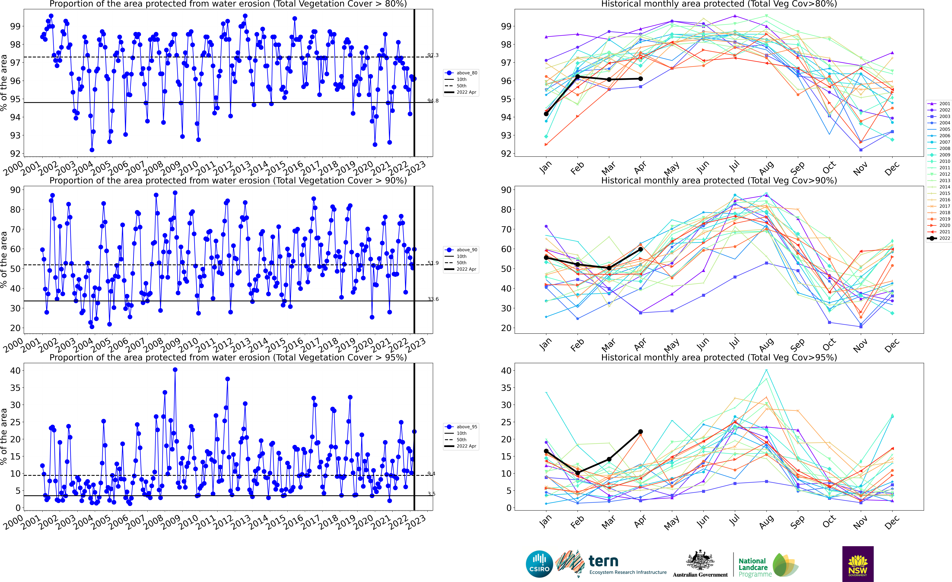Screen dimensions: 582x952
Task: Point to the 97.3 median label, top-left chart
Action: pos(433,55)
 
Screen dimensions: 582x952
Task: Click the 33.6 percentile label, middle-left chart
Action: pos(433,299)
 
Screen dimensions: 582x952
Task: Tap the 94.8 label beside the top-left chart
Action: pos(433,101)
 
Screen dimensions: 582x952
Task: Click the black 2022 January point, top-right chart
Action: pos(546,114)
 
